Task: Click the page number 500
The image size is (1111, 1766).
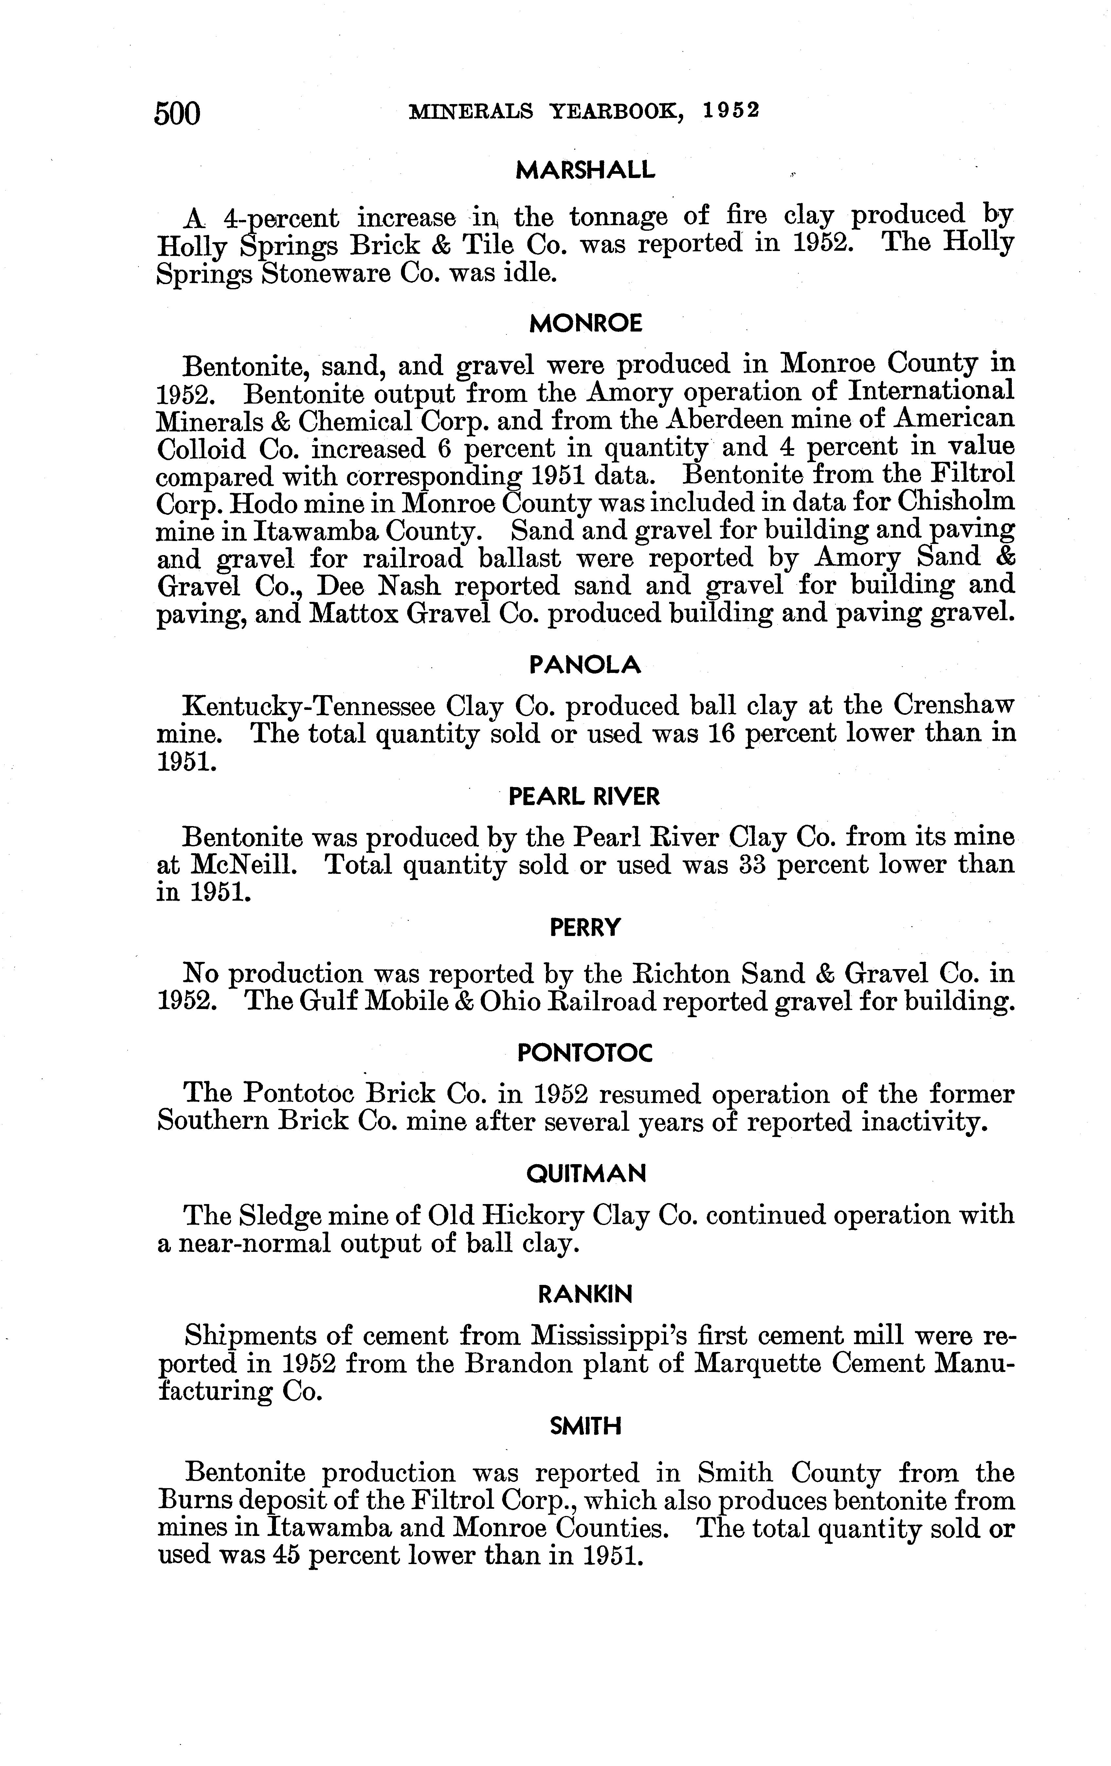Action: click(177, 114)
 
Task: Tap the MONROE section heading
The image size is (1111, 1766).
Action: click(585, 323)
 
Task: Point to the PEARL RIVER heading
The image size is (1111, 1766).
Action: click(584, 796)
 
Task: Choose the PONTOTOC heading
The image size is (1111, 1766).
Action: click(584, 1053)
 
